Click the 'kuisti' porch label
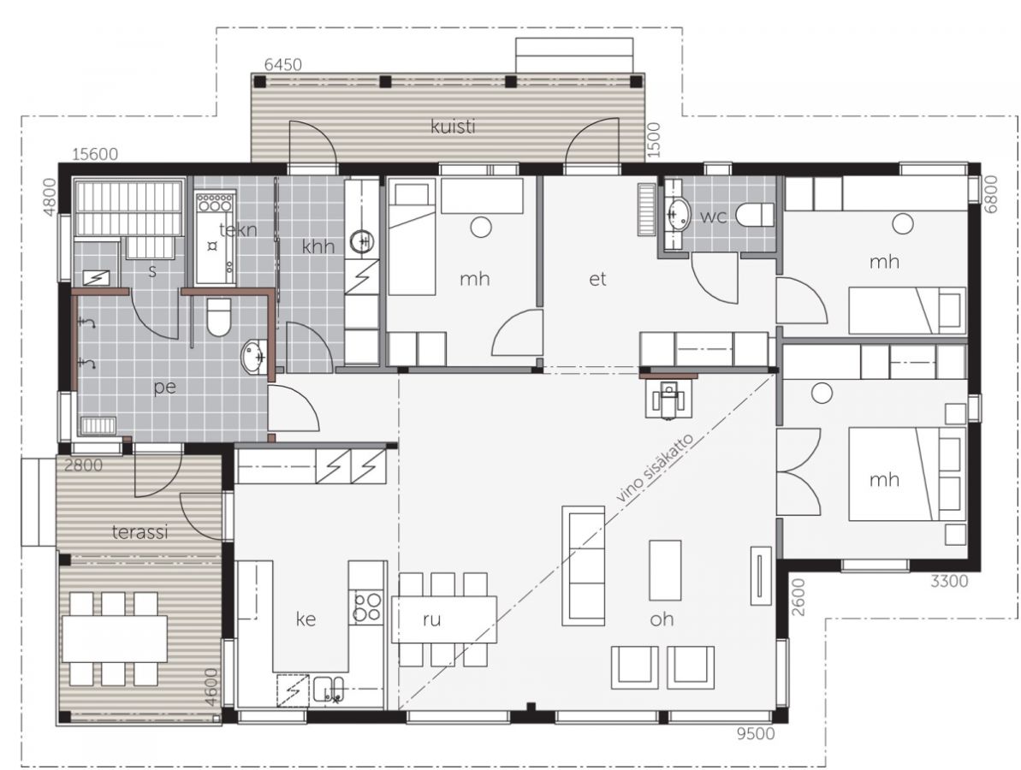pos(453,126)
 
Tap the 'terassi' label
pos(140,532)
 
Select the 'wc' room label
pos(713,216)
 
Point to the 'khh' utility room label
pos(318,246)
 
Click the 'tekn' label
pos(238,229)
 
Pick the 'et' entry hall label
pos(597,279)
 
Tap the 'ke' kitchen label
pos(306,619)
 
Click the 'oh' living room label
pos(662,619)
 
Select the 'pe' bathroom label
pos(164,388)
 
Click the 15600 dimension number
pos(95,154)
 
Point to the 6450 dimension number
pos(283,64)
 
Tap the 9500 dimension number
pos(756,734)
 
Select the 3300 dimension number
pos(949,581)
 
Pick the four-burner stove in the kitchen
pos(366,607)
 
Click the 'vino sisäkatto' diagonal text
pos(657,466)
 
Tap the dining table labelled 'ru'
pos(443,619)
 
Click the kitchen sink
pos(329,690)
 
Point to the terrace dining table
pos(115,638)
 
